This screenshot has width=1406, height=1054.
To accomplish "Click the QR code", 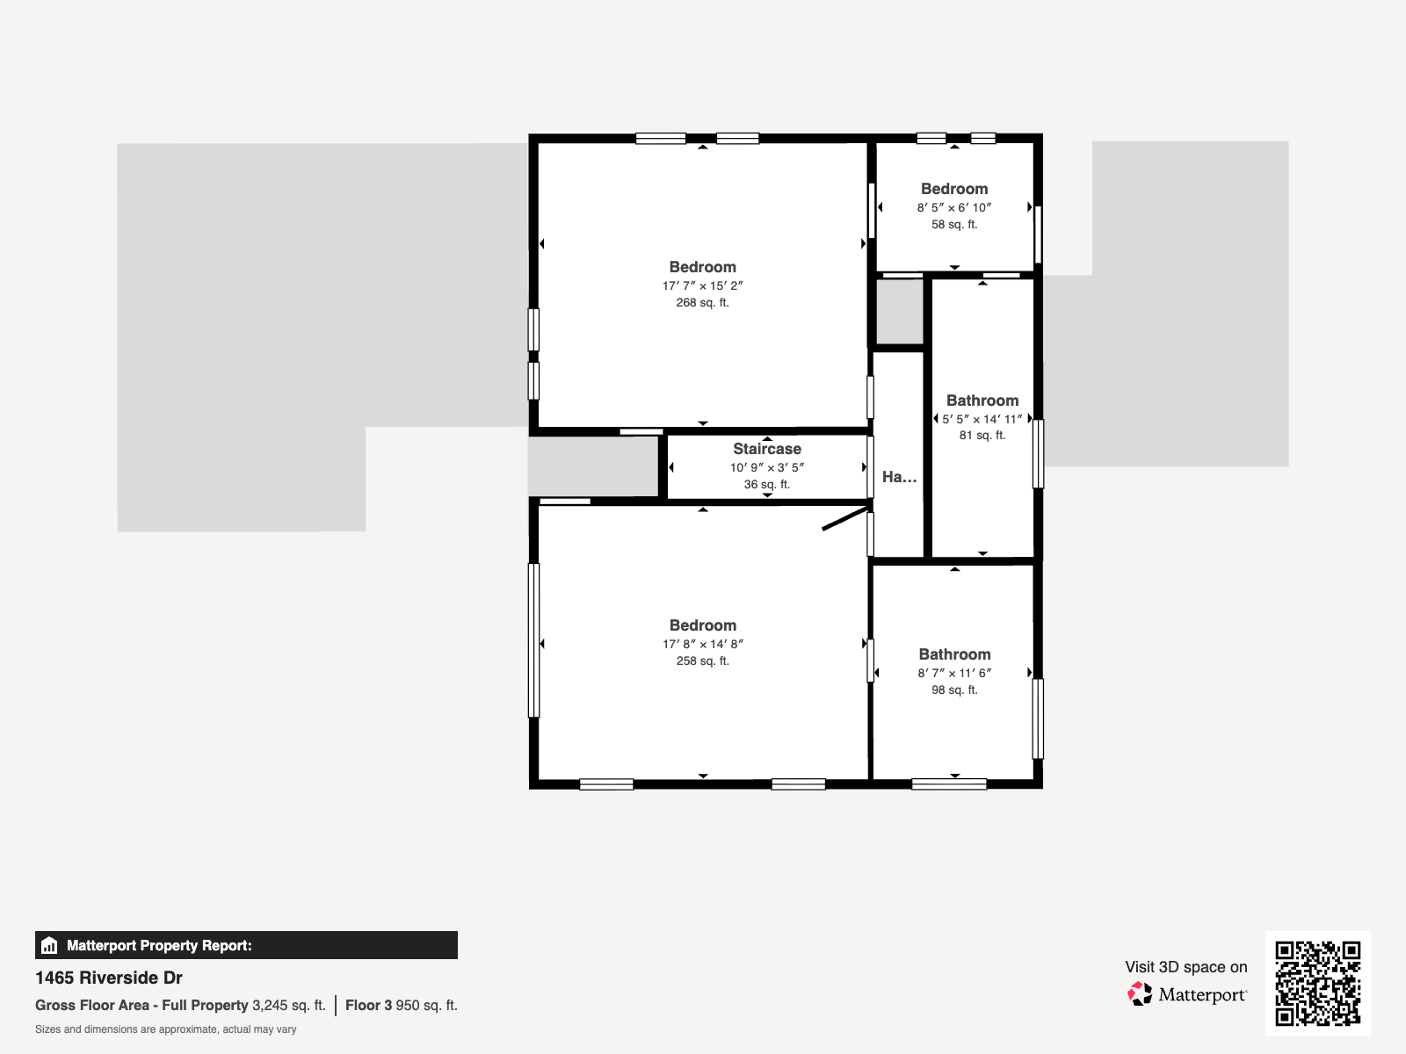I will click(1317, 983).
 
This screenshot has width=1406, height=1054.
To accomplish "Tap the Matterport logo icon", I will click(1140, 993).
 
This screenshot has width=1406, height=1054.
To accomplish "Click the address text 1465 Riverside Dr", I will click(109, 978).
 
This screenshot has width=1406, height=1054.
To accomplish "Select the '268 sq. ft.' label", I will click(702, 302).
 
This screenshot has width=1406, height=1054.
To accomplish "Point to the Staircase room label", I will click(767, 449).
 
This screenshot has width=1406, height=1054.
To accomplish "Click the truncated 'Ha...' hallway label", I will click(899, 477).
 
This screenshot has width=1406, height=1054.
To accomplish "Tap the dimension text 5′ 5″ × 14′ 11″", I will click(982, 419).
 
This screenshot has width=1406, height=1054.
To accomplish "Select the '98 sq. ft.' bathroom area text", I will click(954, 689).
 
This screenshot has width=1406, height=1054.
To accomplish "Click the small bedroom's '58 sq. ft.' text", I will click(954, 224).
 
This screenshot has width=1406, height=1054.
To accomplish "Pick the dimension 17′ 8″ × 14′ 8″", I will click(702, 644).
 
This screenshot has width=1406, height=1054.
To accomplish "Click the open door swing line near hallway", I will click(844, 519).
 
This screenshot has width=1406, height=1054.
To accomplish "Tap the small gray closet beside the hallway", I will click(900, 312).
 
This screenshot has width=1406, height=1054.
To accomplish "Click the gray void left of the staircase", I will click(593, 466).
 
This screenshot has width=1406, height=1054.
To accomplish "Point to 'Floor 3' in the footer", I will click(368, 1005).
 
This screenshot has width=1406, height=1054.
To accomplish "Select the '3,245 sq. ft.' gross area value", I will click(288, 1005).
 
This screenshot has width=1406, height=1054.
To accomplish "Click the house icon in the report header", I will click(49, 945).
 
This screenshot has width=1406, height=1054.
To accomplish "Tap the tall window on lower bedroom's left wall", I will click(533, 639).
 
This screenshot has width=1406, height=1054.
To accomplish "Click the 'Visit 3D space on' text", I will click(1185, 967).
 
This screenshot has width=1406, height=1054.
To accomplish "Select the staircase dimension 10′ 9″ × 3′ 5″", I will click(767, 467).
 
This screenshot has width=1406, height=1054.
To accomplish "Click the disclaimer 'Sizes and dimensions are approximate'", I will click(165, 1029).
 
